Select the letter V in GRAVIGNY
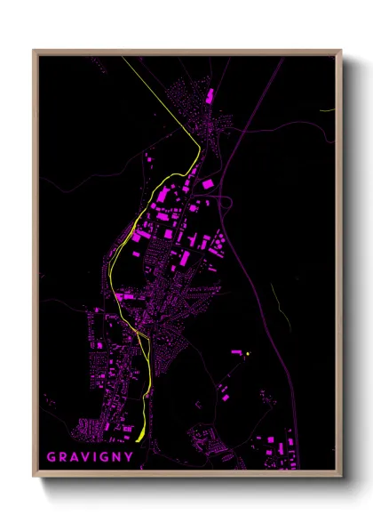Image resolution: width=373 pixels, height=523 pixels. [84, 458]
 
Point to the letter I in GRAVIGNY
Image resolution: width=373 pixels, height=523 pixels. [96, 458]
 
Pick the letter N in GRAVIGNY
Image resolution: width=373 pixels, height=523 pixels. [118, 458]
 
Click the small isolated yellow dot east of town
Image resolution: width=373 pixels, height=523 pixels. [249, 354]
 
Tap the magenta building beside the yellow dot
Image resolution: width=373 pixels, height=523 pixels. [237, 353]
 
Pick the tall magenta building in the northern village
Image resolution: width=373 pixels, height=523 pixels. [210, 96]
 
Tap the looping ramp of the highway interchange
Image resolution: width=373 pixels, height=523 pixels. [227, 204]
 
